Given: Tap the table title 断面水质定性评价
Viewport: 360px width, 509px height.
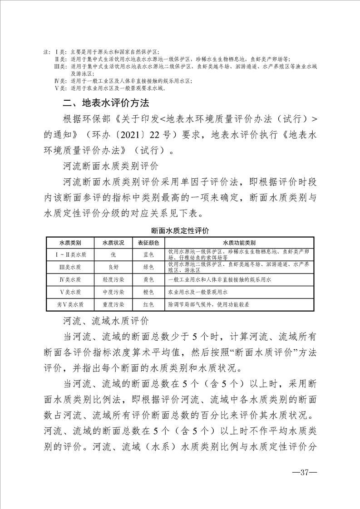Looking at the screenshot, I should (x=180, y=231).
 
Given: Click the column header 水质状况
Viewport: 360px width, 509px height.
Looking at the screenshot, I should (x=113, y=242).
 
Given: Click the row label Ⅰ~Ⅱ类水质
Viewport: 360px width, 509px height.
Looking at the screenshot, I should (x=70, y=254).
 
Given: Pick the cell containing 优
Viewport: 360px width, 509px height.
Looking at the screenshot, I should (x=113, y=254).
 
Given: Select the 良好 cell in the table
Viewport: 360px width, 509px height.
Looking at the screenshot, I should (x=113, y=267).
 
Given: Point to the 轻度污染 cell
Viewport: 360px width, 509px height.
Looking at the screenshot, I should (x=113, y=279).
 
